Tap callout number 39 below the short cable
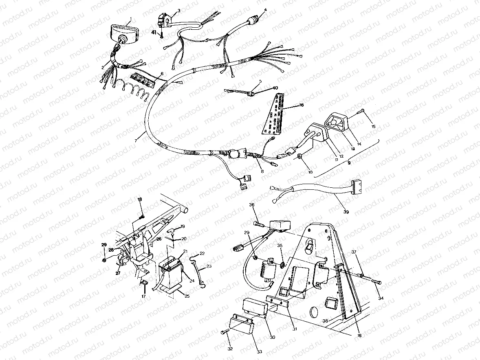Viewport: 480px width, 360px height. coord(346,212)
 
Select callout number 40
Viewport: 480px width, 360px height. coord(275,88)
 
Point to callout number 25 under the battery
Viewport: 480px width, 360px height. coord(187,296)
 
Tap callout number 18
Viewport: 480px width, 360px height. coord(139,199)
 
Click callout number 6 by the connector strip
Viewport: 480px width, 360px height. coord(162,73)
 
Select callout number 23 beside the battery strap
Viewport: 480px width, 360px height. coord(209,266)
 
